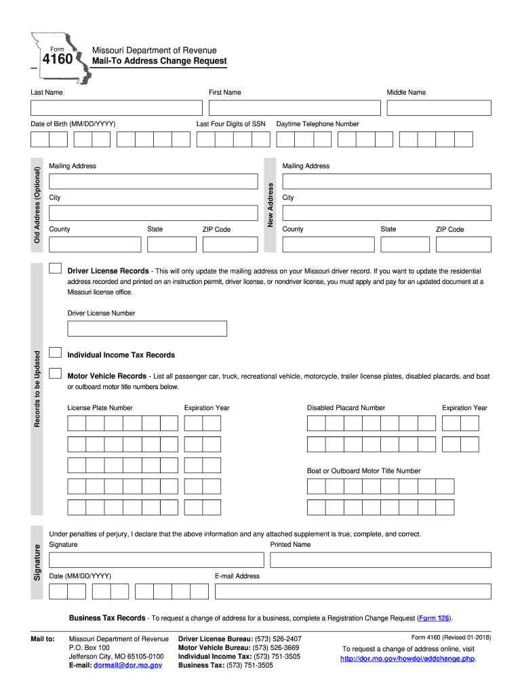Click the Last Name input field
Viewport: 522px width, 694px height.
[116, 108]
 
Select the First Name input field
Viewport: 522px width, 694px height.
[294, 108]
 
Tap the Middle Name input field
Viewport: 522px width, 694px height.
[439, 108]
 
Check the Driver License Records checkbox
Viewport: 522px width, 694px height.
[56, 269]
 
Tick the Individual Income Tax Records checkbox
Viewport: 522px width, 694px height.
[56, 353]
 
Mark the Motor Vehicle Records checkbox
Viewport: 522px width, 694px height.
[56, 374]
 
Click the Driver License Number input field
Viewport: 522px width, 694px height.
[147, 329]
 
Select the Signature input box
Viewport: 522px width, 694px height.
[156, 560]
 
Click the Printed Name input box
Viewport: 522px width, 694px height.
[380, 560]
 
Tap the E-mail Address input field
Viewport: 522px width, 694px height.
[353, 591]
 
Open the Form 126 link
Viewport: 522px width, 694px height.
[433, 618]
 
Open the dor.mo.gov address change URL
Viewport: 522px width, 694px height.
[407, 658]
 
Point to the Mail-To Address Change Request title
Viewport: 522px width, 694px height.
[159, 62]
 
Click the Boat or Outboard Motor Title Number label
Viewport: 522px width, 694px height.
[363, 471]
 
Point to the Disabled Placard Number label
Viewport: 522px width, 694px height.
[346, 408]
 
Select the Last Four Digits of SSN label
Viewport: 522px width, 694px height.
[230, 124]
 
